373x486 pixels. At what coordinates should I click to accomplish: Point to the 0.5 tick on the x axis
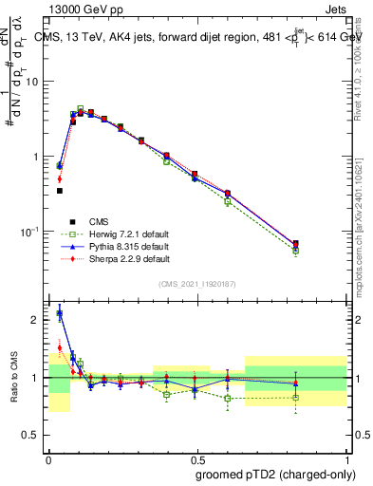pyautogui.click(x=196, y=458)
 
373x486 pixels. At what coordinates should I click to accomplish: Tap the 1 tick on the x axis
pyautogui.click(x=345, y=458)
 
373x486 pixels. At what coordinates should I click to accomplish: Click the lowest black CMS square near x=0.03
pyautogui.click(x=60, y=191)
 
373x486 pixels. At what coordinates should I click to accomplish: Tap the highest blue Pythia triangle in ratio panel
pyautogui.click(x=60, y=313)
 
